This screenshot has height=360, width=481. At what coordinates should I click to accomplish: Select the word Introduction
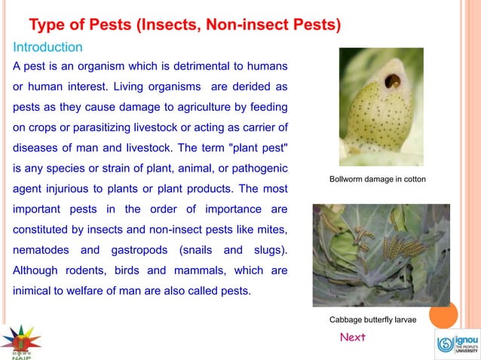pos(47,47)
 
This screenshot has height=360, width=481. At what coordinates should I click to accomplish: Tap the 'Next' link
pos(352,337)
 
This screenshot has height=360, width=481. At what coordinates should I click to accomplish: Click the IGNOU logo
pos(457,344)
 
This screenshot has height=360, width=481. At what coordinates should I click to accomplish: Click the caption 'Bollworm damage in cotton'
pos(378,179)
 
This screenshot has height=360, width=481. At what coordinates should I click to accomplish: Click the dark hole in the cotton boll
pos(392,80)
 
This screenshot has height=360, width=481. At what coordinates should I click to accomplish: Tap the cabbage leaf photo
pos(381,254)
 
